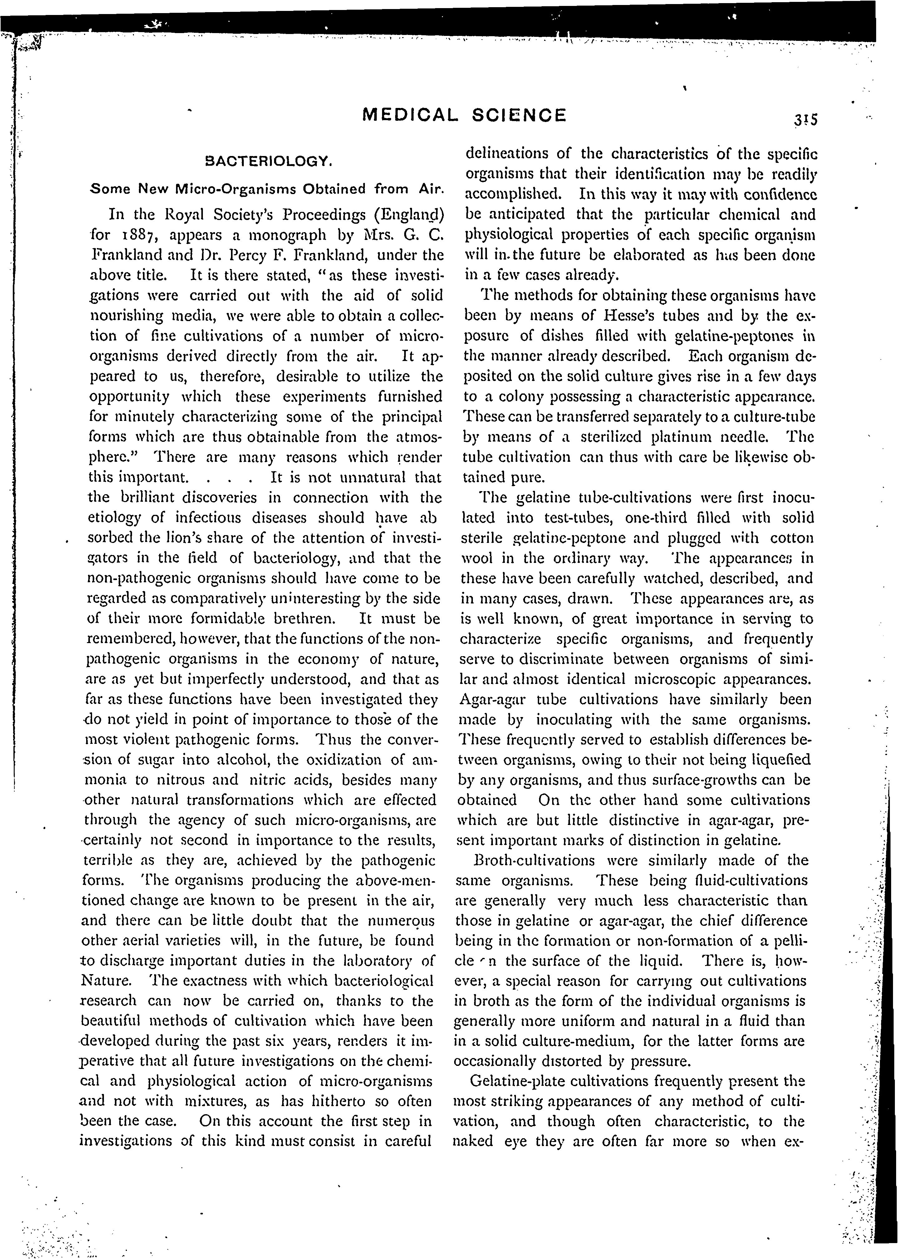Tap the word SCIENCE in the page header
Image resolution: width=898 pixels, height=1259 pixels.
(520, 115)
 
